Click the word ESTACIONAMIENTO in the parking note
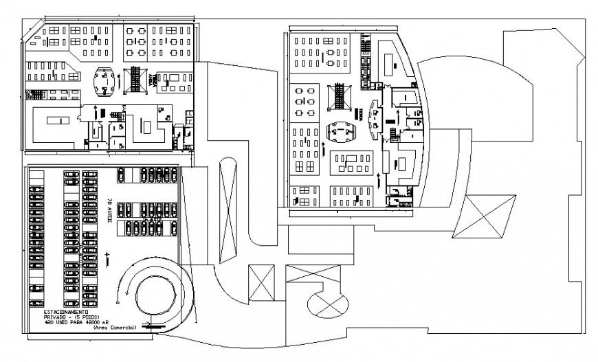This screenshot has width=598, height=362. click(60, 311)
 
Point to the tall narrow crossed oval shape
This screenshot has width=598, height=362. click(227, 210)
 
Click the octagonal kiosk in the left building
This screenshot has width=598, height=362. click(104, 81)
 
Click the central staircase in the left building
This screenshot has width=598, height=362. click(136, 78)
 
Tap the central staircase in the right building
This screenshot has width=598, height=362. click(340, 96)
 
